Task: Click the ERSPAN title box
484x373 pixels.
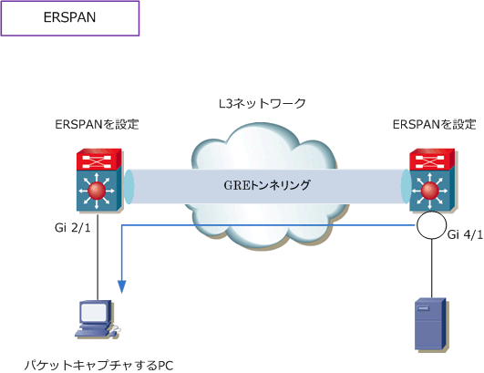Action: click(70, 18)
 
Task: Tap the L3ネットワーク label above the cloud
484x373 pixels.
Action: click(263, 103)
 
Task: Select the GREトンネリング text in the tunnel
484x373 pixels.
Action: click(267, 185)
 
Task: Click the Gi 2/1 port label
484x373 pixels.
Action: click(73, 228)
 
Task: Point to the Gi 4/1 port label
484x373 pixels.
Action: click(465, 234)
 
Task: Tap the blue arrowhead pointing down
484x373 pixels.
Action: click(122, 286)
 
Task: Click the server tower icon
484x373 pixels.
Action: click(430, 325)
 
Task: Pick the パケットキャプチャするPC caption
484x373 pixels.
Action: click(98, 366)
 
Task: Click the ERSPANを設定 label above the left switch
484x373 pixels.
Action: click(97, 124)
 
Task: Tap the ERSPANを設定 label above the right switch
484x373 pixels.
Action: click(434, 124)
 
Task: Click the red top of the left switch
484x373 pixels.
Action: click(99, 160)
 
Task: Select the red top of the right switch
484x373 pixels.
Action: click(432, 160)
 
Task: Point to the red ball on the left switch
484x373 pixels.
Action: click(97, 191)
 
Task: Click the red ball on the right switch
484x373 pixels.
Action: click(429, 191)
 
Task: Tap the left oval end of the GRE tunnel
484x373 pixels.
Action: click(129, 186)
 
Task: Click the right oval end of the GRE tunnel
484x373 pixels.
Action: click(407, 186)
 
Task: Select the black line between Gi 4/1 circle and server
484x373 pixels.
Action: click(431, 269)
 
